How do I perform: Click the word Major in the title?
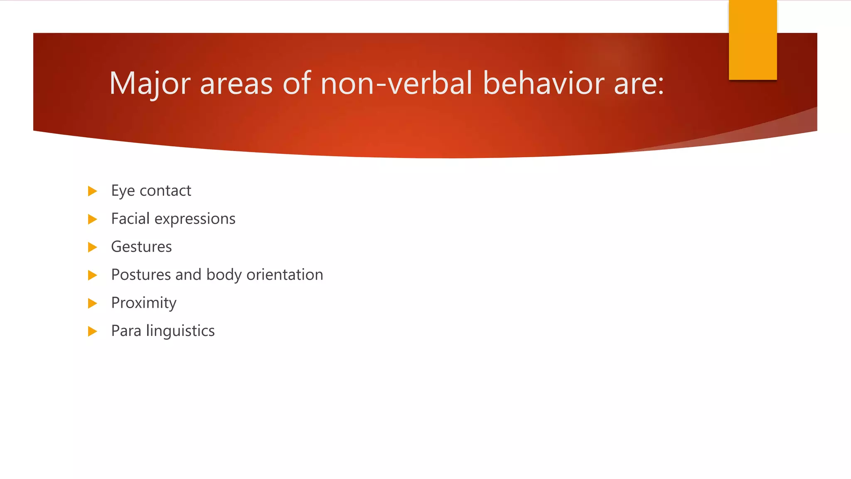(150, 84)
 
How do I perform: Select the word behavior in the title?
(543, 84)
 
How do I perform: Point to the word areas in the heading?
(236, 84)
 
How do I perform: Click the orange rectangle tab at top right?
(753, 40)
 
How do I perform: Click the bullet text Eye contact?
(151, 191)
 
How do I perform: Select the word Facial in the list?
(130, 219)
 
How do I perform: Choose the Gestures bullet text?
(141, 247)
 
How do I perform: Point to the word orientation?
(285, 275)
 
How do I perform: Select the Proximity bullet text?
(144, 303)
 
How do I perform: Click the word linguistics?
(180, 331)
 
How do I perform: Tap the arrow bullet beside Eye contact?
(92, 191)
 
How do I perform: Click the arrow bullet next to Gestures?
(92, 247)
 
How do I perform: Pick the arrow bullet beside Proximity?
(92, 303)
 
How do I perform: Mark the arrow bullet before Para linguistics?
(92, 331)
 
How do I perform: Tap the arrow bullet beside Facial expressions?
(92, 219)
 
